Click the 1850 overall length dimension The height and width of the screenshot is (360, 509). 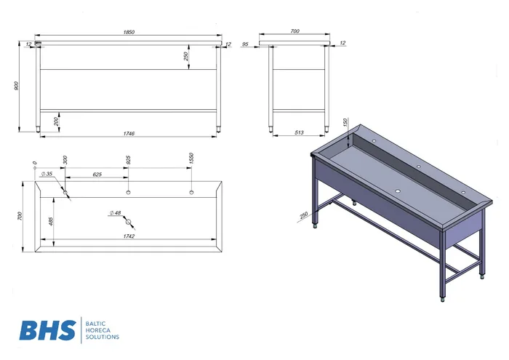(x=129, y=32)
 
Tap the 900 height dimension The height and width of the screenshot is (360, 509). (x=17, y=86)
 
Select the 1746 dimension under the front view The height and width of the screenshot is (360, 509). (x=129, y=133)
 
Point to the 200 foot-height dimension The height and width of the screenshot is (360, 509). (x=57, y=121)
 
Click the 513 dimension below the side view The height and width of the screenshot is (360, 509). (x=299, y=132)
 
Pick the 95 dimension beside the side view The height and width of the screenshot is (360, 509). (x=246, y=44)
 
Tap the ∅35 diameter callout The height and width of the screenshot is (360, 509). (x=47, y=174)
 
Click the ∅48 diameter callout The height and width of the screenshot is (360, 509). (x=115, y=213)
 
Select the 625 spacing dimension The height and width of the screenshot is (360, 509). (x=97, y=175)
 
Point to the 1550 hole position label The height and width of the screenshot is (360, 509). (x=191, y=158)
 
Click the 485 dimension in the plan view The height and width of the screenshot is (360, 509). (x=51, y=221)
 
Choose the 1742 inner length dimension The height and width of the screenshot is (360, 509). (x=129, y=236)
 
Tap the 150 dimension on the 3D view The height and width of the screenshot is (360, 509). (x=345, y=122)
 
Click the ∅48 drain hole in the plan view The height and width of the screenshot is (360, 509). (x=129, y=222)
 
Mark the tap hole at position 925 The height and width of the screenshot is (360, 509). (x=128, y=192)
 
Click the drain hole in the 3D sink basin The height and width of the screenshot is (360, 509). (x=397, y=191)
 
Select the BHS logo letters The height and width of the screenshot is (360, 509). (x=48, y=330)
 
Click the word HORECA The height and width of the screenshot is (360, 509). (x=98, y=330)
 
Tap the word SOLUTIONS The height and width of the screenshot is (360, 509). (x=103, y=337)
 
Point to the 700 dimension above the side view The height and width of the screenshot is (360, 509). (x=294, y=31)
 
